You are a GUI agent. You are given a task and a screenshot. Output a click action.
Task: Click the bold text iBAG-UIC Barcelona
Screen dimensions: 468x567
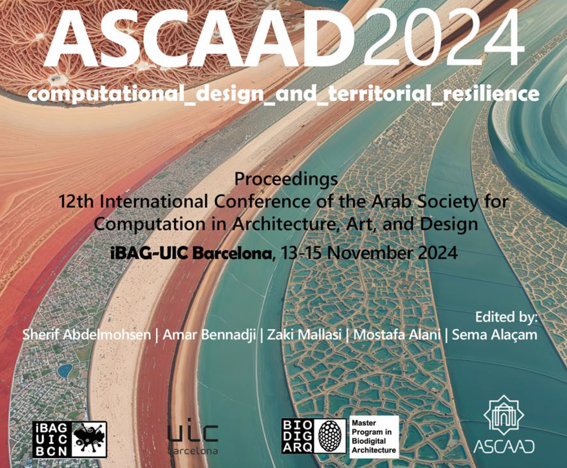[191, 253]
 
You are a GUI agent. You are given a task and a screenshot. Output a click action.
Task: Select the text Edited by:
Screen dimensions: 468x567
[506, 317]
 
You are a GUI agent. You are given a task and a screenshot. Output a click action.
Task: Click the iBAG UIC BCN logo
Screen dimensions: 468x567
[70, 439]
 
